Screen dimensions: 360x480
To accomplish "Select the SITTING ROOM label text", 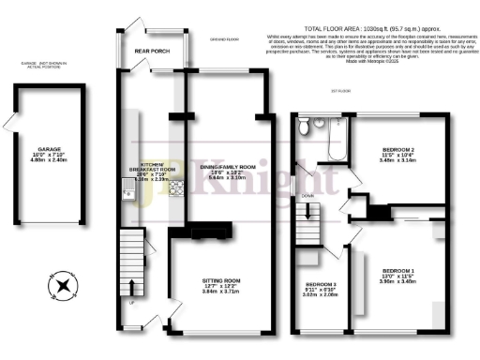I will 222,281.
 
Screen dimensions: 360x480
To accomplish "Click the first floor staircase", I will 307,226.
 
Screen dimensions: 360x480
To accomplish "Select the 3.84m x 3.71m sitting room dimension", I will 222,294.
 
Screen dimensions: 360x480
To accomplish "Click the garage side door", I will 12,124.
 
